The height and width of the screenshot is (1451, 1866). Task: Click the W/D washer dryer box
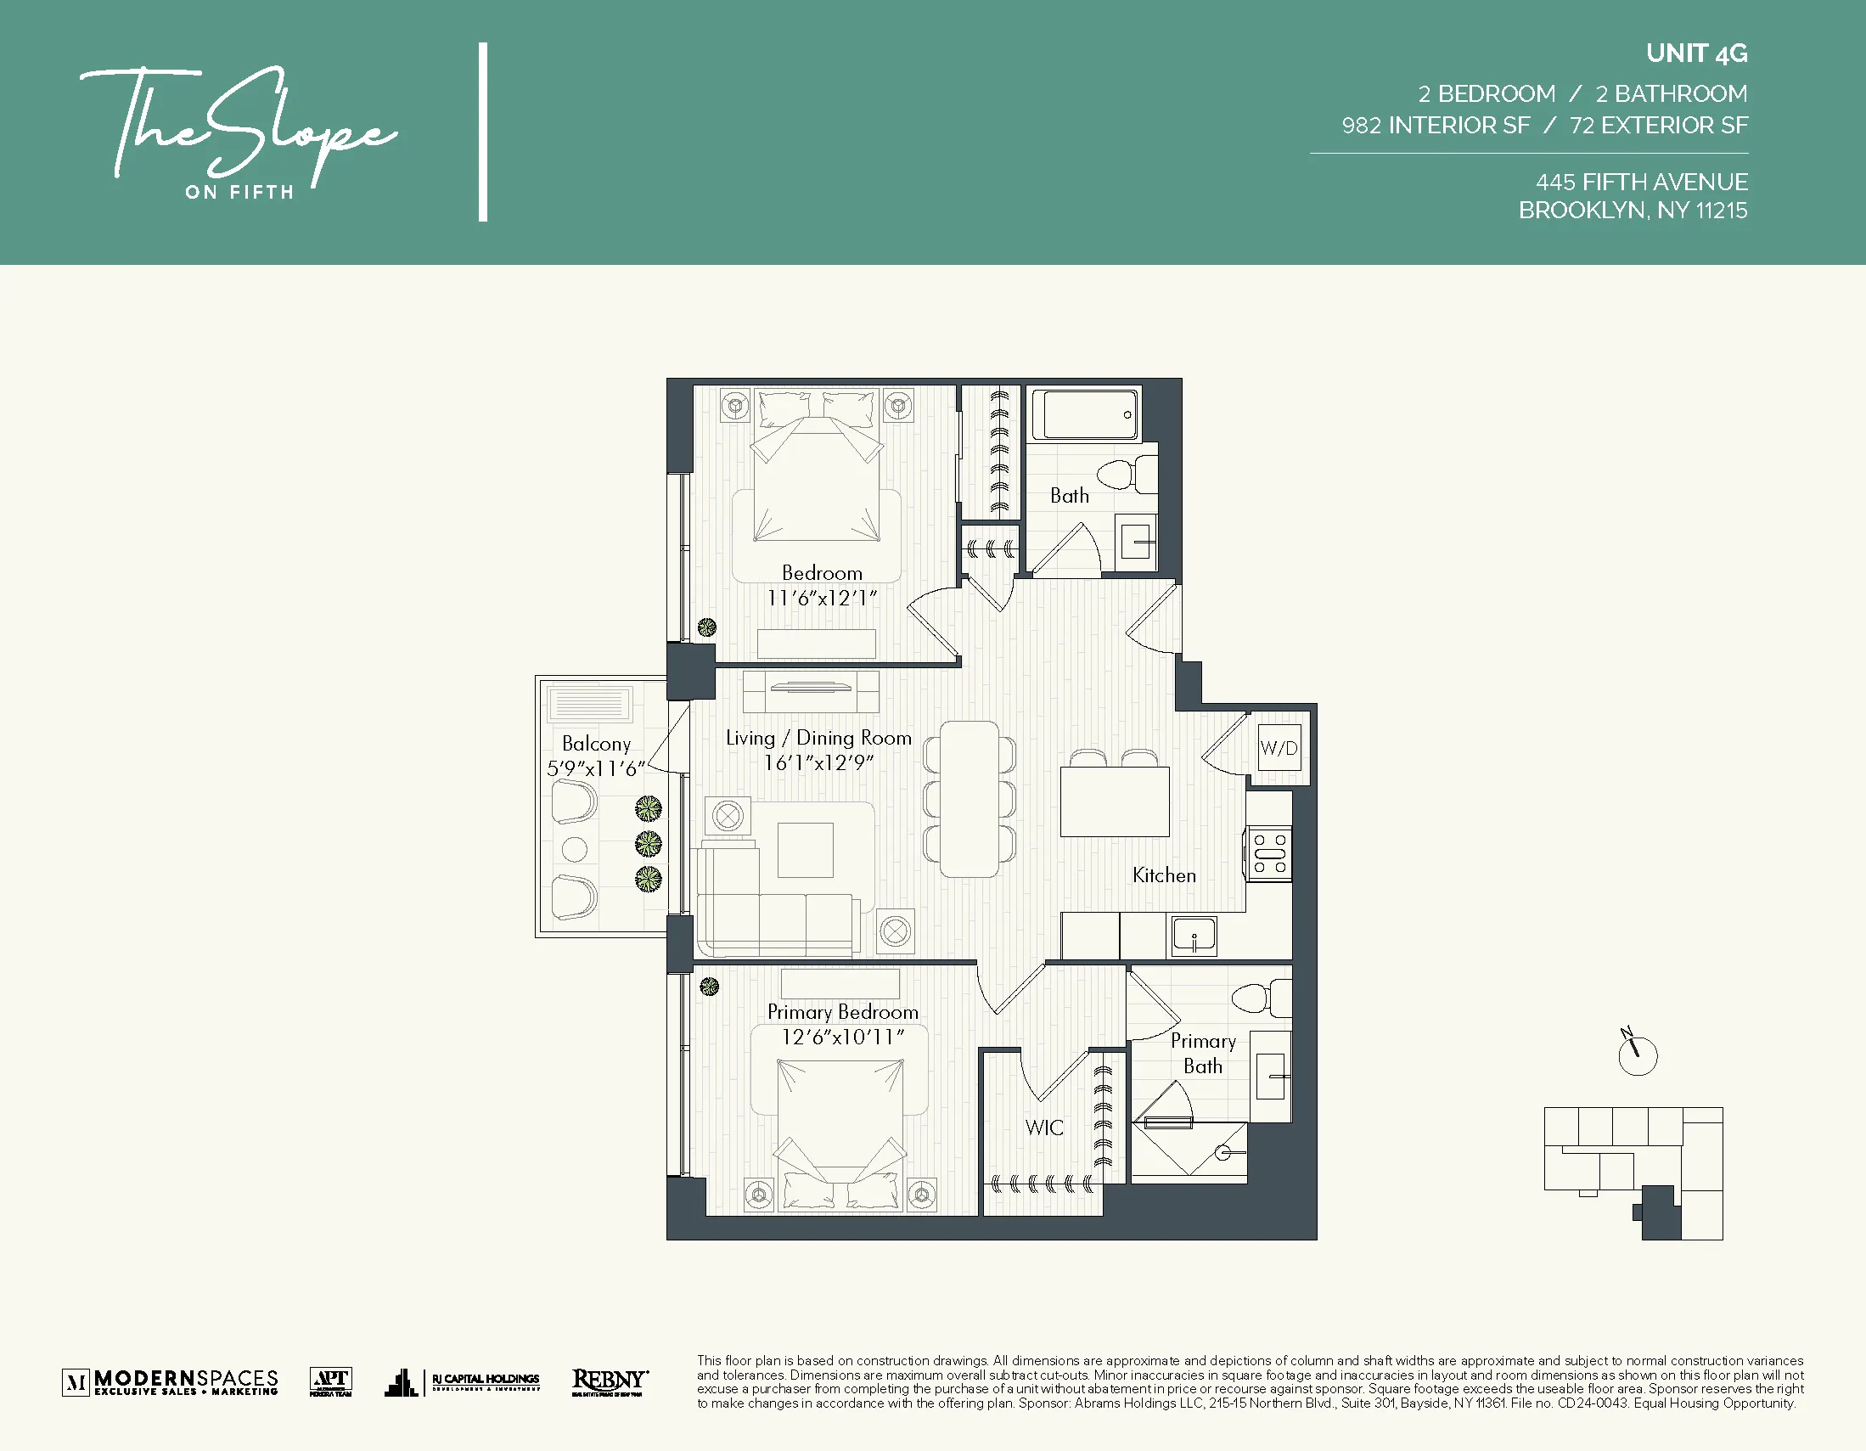coord(1279,748)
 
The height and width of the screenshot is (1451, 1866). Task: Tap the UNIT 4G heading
coord(1696,53)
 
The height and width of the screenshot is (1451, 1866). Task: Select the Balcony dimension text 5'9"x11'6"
coord(595,769)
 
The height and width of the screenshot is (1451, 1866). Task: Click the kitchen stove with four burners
coord(1269,852)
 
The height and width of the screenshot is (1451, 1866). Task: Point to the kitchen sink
coord(1194,936)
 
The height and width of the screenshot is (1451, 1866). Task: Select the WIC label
coord(1044,1128)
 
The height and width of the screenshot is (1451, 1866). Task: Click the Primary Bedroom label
coord(842,1012)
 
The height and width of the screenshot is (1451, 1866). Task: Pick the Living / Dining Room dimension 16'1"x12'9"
coord(818,762)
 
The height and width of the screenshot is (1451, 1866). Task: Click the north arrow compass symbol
coord(1637,1055)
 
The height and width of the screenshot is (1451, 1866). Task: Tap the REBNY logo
coord(610,1381)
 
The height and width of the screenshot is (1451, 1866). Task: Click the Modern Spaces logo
coord(171,1381)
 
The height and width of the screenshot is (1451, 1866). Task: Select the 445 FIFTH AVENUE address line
coord(1641,182)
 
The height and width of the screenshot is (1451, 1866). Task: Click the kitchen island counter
coord(1114,801)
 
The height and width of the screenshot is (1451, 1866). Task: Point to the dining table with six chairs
coord(969,799)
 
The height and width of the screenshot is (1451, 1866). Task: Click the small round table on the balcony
coord(574,848)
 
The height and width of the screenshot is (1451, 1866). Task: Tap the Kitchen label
coord(1164,875)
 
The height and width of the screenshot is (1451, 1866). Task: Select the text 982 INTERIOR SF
coord(1436,126)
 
